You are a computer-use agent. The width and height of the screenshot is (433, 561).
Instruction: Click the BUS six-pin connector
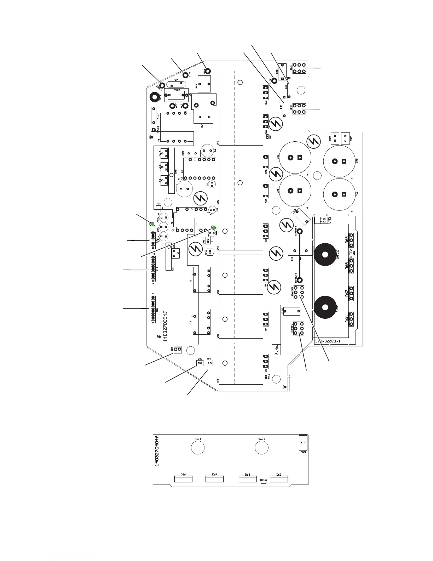point(299,68)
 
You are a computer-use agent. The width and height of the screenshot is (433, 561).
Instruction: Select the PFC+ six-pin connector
point(299,109)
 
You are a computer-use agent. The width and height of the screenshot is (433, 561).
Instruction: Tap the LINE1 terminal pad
point(185,75)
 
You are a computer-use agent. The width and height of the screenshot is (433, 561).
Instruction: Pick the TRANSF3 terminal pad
point(300,232)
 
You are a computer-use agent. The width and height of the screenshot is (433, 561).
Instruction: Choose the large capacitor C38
point(295,158)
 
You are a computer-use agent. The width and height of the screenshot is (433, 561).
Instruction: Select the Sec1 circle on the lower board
point(198,447)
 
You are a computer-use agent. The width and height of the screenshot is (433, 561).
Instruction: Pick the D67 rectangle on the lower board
point(214,479)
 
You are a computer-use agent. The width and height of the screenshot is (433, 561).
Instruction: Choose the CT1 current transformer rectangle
point(300,251)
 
